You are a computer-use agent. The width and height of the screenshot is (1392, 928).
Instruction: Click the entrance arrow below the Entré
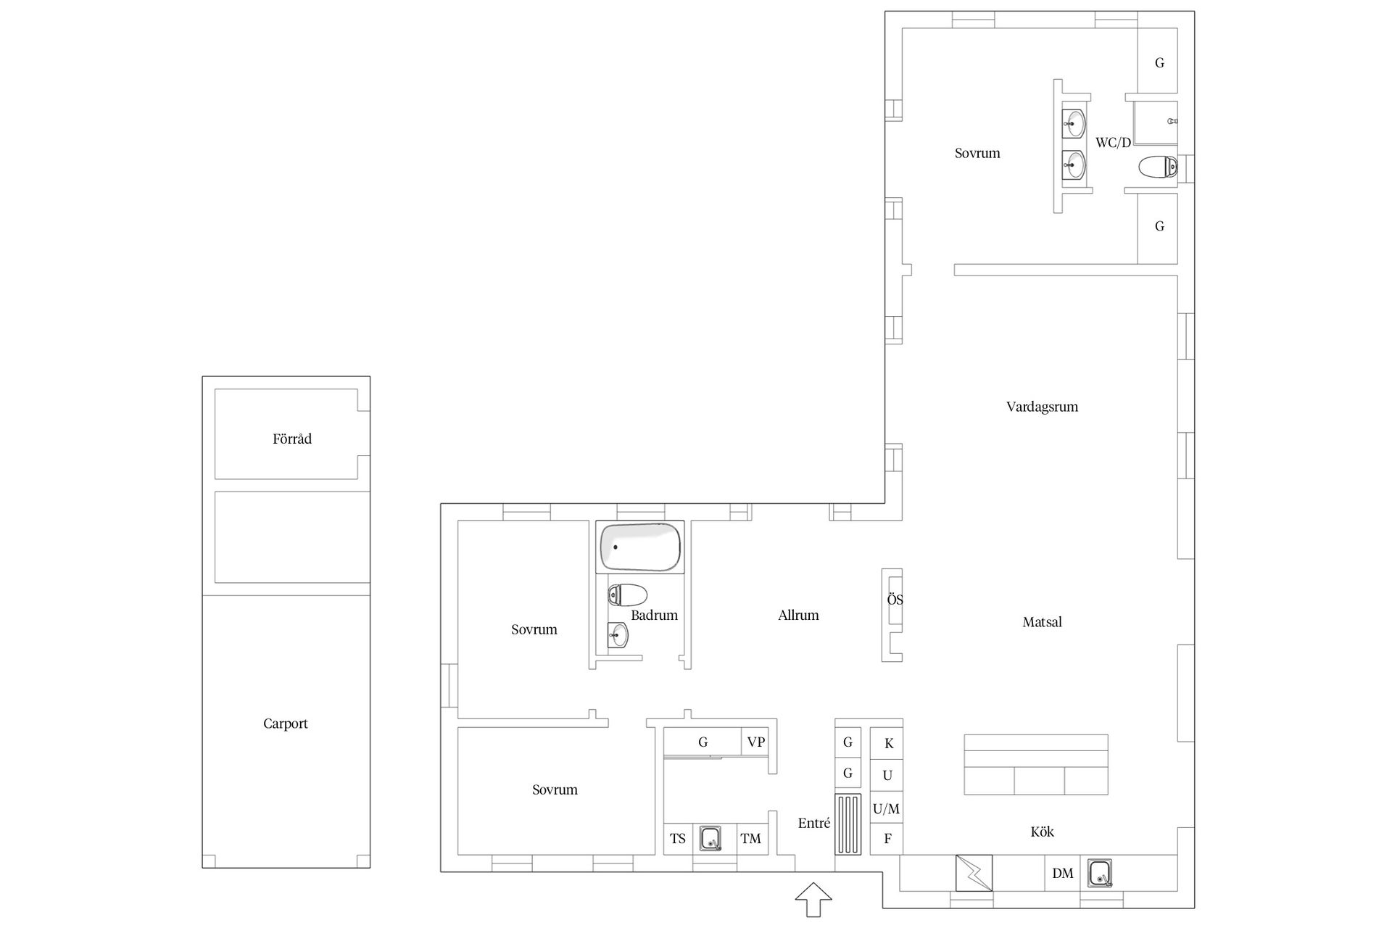(x=813, y=900)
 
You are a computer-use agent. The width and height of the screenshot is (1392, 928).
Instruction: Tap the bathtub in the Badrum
(x=639, y=547)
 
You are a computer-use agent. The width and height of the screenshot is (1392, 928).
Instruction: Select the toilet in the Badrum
(x=627, y=595)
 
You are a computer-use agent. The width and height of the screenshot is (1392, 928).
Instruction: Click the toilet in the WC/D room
(x=1158, y=167)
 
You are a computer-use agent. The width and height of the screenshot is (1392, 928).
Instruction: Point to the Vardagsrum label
(x=1042, y=407)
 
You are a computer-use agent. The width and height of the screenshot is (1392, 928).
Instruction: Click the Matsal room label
(x=1042, y=622)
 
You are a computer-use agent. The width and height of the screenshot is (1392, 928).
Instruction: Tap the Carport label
(x=286, y=724)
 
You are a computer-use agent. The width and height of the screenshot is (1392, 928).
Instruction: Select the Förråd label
(x=292, y=439)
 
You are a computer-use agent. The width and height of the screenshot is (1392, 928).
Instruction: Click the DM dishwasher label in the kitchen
(x=1063, y=874)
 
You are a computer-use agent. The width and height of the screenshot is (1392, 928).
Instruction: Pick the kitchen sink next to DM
(x=1101, y=874)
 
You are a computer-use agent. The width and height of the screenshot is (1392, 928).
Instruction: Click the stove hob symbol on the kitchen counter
(x=974, y=873)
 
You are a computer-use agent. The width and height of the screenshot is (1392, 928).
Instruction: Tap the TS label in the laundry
(x=678, y=839)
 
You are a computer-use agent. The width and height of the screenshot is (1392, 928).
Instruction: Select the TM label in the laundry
(x=751, y=839)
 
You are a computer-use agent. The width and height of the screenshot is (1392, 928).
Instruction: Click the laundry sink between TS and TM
(x=711, y=838)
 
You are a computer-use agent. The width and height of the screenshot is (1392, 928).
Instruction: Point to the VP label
(x=756, y=742)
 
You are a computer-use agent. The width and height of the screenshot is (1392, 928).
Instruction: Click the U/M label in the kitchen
(x=886, y=808)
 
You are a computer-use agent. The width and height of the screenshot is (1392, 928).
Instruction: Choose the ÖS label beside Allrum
(x=895, y=600)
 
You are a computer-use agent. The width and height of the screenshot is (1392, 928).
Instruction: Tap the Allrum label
(x=798, y=616)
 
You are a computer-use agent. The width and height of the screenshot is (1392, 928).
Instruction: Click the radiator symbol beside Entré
(x=848, y=824)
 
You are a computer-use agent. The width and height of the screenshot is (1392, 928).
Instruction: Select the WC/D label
(x=1113, y=143)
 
